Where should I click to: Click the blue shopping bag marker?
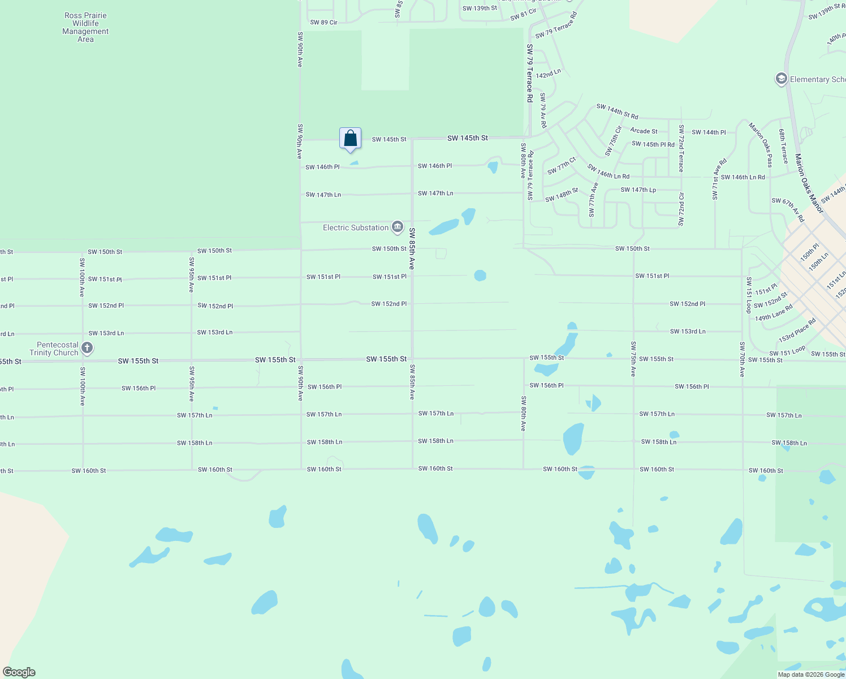coord(350,139)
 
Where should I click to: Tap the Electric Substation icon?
coord(397,227)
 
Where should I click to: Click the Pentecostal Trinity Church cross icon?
coord(87,348)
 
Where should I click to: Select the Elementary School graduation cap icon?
coord(782,79)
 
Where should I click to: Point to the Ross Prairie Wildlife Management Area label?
coord(85,28)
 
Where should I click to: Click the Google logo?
coord(19,672)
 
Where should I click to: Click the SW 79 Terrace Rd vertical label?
coord(530,73)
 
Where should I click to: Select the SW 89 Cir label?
coord(323,23)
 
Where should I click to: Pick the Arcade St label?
coord(644,131)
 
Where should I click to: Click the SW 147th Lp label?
coord(638,190)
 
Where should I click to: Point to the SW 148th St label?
coord(562,195)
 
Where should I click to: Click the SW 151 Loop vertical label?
coord(749,295)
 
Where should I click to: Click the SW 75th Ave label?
coord(633,359)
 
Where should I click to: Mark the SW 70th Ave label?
coord(742,359)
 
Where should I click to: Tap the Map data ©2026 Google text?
coord(811,674)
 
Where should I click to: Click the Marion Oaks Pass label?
coord(761,145)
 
